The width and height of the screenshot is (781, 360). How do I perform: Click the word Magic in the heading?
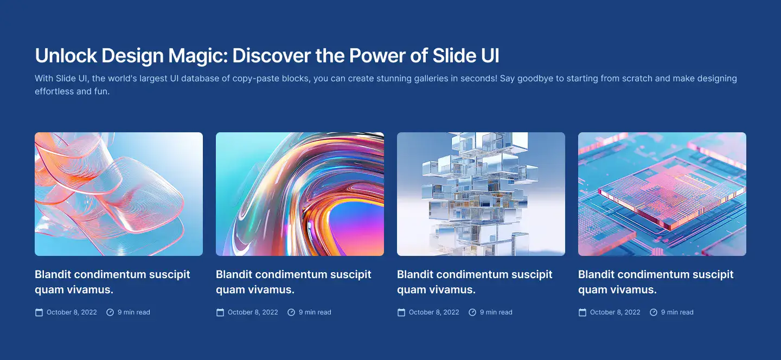198,56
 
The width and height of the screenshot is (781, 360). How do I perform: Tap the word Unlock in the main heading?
66,55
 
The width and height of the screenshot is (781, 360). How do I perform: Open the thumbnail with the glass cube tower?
481,194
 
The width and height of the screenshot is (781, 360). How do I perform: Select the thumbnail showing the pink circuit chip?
662,194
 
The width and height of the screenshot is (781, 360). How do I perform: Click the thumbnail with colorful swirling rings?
300,194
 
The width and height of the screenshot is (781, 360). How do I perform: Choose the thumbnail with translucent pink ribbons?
119,194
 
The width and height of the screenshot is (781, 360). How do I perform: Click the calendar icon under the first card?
39,312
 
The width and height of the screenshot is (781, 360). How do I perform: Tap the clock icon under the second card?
291,312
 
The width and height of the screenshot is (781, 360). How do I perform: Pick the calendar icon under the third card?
401,312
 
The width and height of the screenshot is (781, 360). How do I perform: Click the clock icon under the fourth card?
654,312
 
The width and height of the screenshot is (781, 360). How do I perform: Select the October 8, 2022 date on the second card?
253,312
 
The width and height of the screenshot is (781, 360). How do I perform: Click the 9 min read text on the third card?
496,312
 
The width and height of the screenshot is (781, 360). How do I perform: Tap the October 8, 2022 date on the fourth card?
615,312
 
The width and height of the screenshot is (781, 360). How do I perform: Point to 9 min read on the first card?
134,312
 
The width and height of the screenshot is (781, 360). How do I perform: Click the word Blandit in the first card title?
53,274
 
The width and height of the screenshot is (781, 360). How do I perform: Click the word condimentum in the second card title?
291,274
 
